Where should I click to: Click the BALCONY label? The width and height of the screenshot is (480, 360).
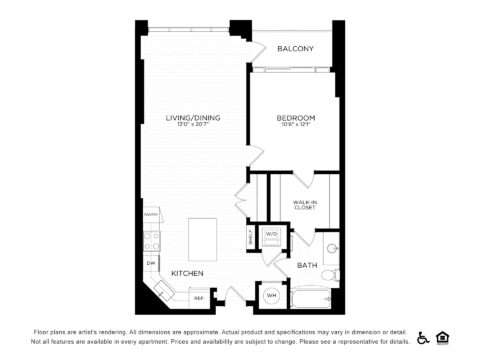tap(297, 49)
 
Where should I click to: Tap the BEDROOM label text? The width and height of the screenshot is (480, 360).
tap(296, 118)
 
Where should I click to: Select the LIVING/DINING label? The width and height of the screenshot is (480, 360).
tap(193, 118)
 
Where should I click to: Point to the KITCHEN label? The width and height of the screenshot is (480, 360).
tap(187, 273)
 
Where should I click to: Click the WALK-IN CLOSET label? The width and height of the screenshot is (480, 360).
tap(305, 205)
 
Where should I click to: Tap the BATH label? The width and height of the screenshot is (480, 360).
tap(308, 265)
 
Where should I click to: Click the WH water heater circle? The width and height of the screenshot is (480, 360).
tap(271, 295)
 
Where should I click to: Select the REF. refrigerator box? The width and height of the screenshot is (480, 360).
tap(198, 297)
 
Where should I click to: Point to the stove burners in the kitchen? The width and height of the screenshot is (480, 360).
tap(151, 240)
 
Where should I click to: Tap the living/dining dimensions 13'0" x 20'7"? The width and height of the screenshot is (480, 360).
tap(193, 126)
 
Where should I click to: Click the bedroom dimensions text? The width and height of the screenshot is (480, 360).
tap(296, 126)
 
